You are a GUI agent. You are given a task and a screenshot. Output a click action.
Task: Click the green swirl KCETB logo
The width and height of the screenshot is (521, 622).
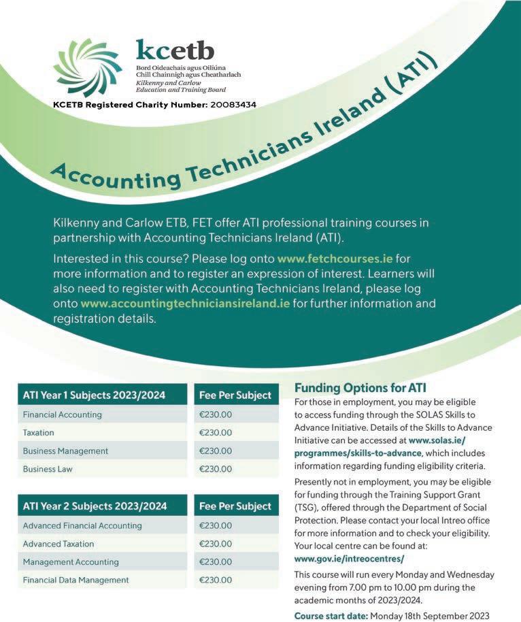click(87, 67)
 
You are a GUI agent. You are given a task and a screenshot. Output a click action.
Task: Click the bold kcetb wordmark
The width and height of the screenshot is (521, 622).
click(175, 50)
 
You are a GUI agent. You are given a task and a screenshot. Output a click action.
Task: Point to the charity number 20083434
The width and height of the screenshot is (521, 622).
click(229, 105)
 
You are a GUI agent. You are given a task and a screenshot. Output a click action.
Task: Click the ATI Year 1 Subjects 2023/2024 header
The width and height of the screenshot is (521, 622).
click(95, 395)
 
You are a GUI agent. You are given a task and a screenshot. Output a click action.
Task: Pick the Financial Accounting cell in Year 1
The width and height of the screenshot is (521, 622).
click(62, 414)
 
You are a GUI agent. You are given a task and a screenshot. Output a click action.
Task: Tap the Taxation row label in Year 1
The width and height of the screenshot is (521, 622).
click(39, 433)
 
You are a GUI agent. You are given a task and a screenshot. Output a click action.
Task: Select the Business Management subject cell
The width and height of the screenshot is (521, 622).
click(65, 451)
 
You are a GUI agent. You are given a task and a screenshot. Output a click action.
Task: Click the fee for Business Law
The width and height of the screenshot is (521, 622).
click(216, 469)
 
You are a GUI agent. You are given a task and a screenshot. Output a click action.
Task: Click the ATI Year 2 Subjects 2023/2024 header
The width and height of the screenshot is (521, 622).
click(95, 506)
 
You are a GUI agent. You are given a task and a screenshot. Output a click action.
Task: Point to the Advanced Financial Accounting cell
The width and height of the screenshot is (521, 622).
click(82, 525)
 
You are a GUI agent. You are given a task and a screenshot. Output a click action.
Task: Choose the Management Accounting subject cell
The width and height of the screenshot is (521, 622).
click(71, 562)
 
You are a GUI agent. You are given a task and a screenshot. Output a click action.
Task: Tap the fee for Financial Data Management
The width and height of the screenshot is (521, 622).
click(216, 580)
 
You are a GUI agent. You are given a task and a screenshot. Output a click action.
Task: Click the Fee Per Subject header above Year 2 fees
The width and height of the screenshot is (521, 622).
click(235, 506)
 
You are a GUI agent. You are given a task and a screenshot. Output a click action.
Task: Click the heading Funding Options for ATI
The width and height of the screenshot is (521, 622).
click(360, 388)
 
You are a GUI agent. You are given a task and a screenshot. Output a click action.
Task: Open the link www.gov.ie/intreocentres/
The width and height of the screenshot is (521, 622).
click(349, 559)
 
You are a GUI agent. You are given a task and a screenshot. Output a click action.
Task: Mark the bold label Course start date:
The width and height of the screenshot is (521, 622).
click(331, 616)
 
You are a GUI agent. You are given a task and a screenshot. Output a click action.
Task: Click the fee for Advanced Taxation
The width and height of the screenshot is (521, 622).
click(216, 544)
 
